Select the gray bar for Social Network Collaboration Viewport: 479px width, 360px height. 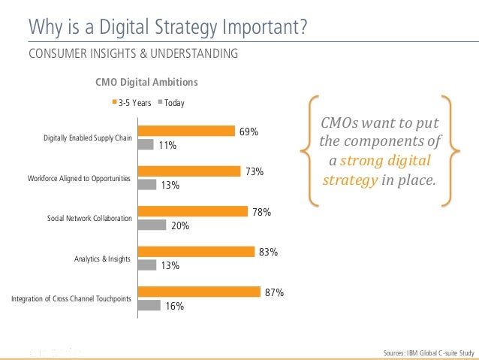click(152, 225)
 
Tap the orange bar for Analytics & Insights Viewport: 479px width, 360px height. click(197, 252)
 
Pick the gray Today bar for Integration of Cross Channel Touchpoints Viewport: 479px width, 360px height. click(150, 305)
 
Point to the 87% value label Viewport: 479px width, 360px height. click(275, 293)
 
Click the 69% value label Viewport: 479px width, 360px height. click(249, 132)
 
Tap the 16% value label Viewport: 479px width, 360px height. click(174, 306)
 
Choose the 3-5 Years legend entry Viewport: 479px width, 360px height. click(132, 103)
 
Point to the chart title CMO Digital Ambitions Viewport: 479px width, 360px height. click(146, 82)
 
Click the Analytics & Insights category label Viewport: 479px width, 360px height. click(104, 259)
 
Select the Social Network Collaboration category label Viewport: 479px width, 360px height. click(89, 219)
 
